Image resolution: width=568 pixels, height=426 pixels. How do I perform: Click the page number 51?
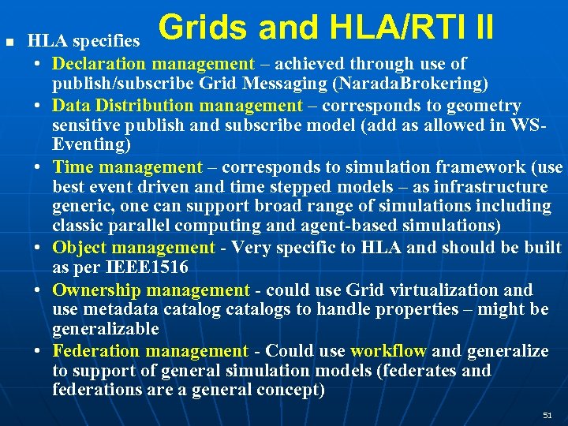(547, 415)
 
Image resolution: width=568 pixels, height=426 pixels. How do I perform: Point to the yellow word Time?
(73, 167)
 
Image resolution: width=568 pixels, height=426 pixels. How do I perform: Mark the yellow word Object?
(80, 248)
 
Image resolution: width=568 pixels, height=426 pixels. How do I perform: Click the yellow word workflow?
(388, 351)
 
